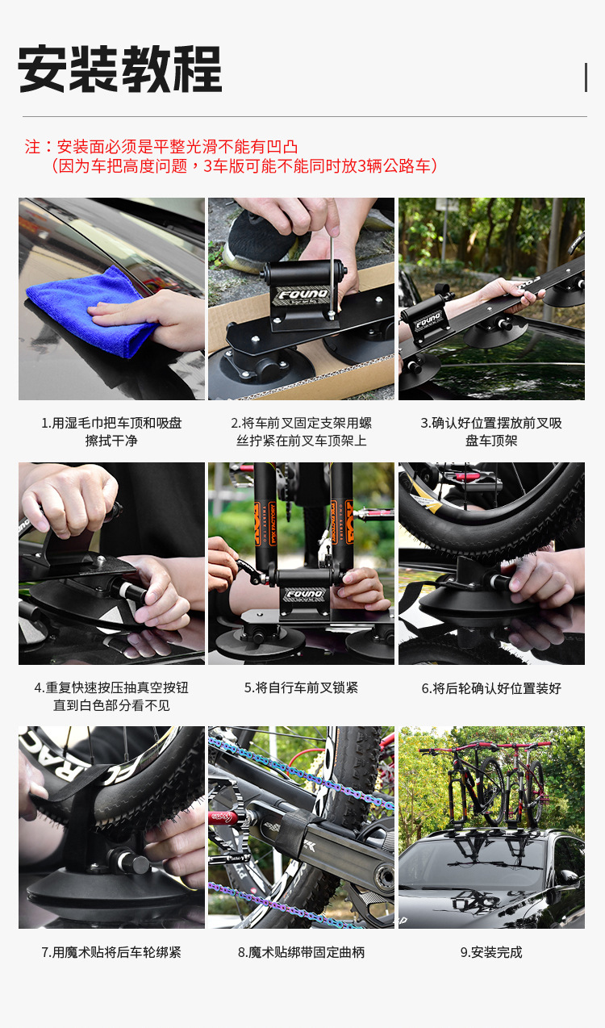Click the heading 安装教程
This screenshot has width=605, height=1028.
119,70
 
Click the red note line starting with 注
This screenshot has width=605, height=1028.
161,147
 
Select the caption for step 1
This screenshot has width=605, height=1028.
111,432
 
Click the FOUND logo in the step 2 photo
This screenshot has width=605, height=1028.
301,295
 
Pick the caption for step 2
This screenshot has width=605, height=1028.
301,432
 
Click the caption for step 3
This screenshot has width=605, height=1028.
491,432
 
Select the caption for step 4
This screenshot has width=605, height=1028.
111,696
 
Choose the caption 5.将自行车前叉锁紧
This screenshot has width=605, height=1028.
301,687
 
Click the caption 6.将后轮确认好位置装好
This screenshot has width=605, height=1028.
491,688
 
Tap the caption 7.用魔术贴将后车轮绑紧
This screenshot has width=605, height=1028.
111,952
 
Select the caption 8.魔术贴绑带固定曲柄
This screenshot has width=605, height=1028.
301,952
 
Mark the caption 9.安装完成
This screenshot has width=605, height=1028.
491,952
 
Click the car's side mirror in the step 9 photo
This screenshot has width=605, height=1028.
570,876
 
